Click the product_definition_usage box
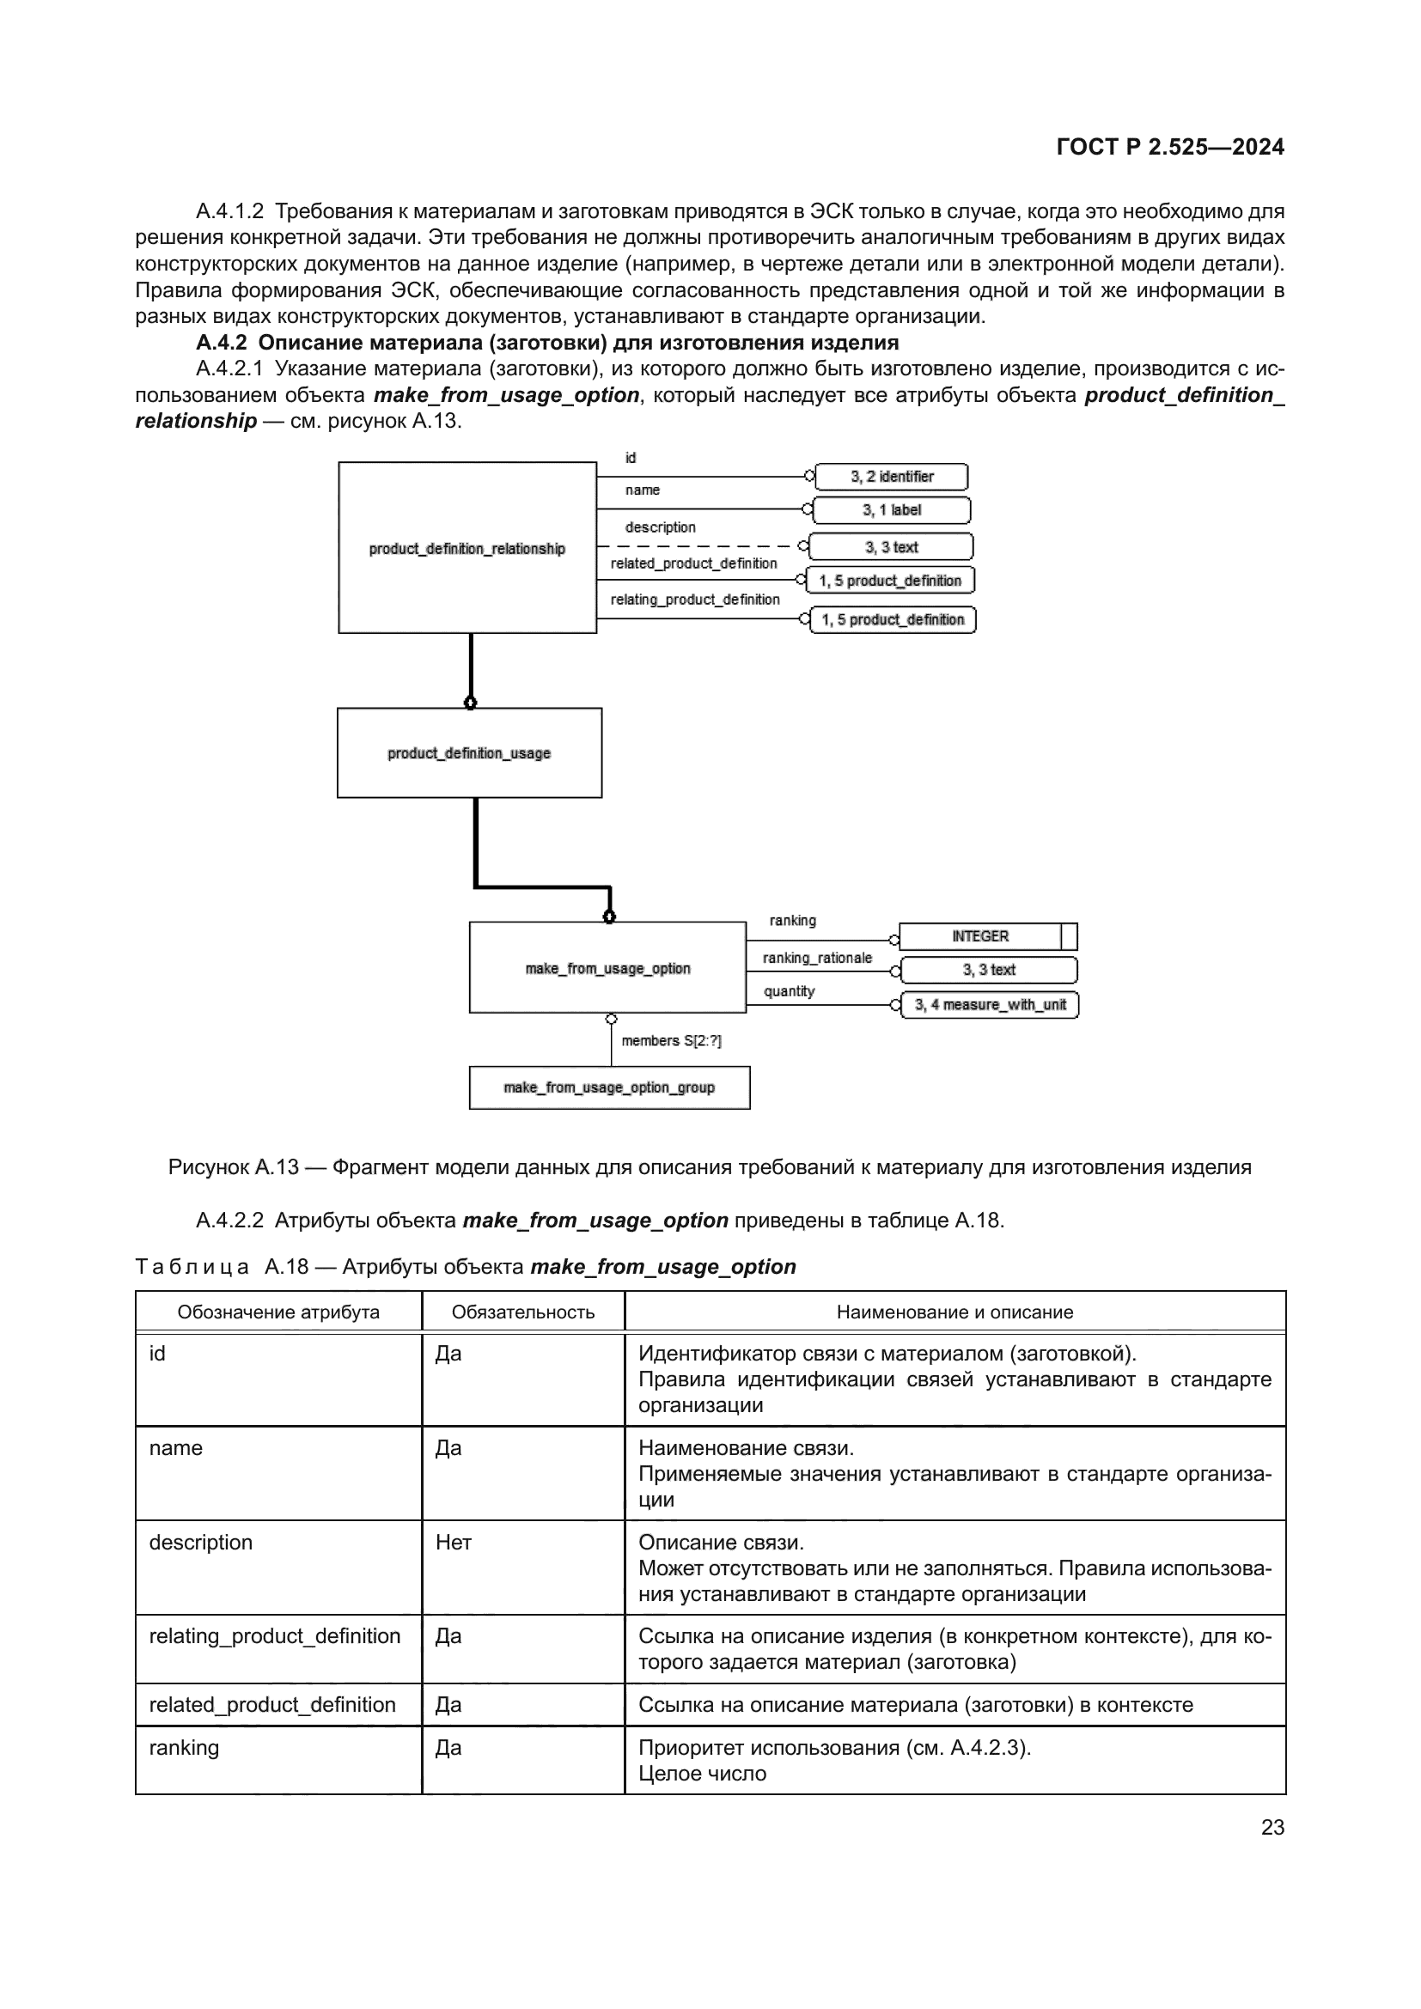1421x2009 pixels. click(x=469, y=752)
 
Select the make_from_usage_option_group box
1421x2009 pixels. click(x=609, y=1087)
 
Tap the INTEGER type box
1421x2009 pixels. click(x=980, y=936)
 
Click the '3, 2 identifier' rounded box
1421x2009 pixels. click(x=891, y=477)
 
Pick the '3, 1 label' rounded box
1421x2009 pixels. click(x=891, y=510)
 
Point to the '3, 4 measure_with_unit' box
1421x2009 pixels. click(x=990, y=1005)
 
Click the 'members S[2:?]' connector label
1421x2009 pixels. click(x=671, y=1040)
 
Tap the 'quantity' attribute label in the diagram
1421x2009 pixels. click(x=789, y=991)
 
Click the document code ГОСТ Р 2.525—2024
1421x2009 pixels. click(x=1170, y=147)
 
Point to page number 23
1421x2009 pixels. click(x=1272, y=1827)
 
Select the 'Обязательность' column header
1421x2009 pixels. click(x=522, y=1312)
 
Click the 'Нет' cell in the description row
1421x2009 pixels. click(x=454, y=1542)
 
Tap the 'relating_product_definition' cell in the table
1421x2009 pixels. click(x=274, y=1636)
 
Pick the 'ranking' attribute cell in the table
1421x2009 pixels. click(x=184, y=1747)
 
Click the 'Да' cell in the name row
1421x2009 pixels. click(x=448, y=1447)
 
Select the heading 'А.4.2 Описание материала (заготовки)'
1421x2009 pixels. click(x=547, y=342)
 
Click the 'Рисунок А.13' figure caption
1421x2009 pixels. click(x=709, y=1166)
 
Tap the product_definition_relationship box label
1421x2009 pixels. click(x=467, y=549)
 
